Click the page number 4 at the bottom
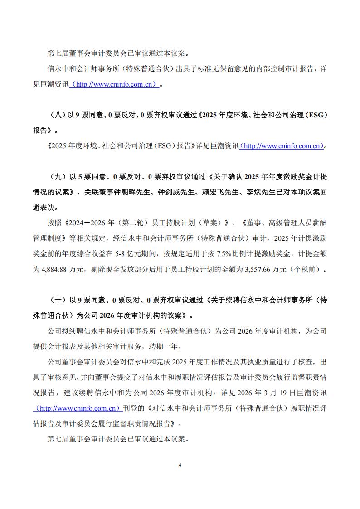(180, 465)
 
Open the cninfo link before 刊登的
(78, 408)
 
